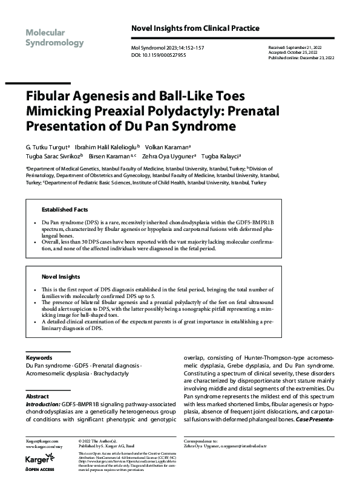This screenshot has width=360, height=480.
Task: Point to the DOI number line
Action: click(159, 55)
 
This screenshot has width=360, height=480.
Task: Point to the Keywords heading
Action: click(39, 358)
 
